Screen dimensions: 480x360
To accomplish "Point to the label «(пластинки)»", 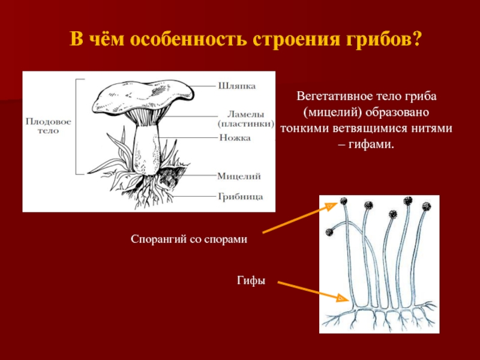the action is pos(245,124).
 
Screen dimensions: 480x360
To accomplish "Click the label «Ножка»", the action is pos(235,138).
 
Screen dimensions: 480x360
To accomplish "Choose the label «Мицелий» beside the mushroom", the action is pos(238,176).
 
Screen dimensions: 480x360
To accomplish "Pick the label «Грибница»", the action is pos(239,196).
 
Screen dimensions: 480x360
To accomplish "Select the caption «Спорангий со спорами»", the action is pos(189,239).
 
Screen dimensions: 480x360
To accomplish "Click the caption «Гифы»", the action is pos(251,280).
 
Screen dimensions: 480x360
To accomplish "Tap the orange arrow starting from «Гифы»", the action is pos(312,290).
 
